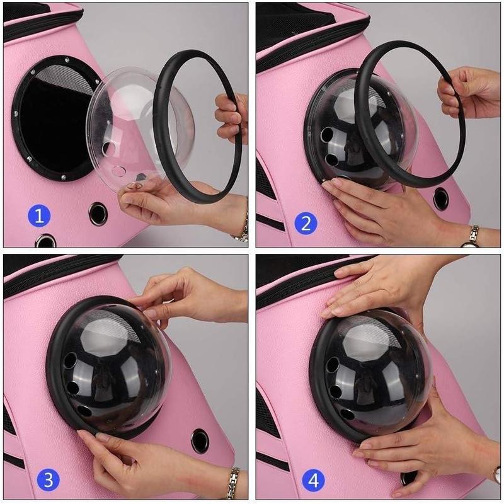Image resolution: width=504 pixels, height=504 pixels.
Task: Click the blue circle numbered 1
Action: (x=39, y=215)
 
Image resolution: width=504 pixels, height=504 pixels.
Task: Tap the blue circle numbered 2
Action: (x=306, y=223)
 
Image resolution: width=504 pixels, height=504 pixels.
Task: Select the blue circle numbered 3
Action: (x=49, y=480)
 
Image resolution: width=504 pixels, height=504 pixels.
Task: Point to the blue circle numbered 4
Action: (x=313, y=480)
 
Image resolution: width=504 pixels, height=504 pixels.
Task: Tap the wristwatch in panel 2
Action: (x=472, y=237)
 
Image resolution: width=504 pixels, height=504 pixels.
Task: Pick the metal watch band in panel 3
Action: (x=233, y=482)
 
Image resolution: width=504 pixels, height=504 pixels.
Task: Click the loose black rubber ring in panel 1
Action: (x=197, y=127)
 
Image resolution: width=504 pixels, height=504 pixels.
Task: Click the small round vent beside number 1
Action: (x=98, y=214)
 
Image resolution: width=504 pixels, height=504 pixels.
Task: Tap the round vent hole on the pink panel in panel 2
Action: (x=440, y=199)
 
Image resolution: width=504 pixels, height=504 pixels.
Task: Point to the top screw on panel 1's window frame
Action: (x=67, y=59)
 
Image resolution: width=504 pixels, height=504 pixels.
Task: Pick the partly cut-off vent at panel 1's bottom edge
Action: (x=45, y=241)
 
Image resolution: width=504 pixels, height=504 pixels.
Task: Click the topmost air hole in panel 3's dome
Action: (x=71, y=360)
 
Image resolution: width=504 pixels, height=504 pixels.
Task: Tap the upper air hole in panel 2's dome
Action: (x=327, y=134)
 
